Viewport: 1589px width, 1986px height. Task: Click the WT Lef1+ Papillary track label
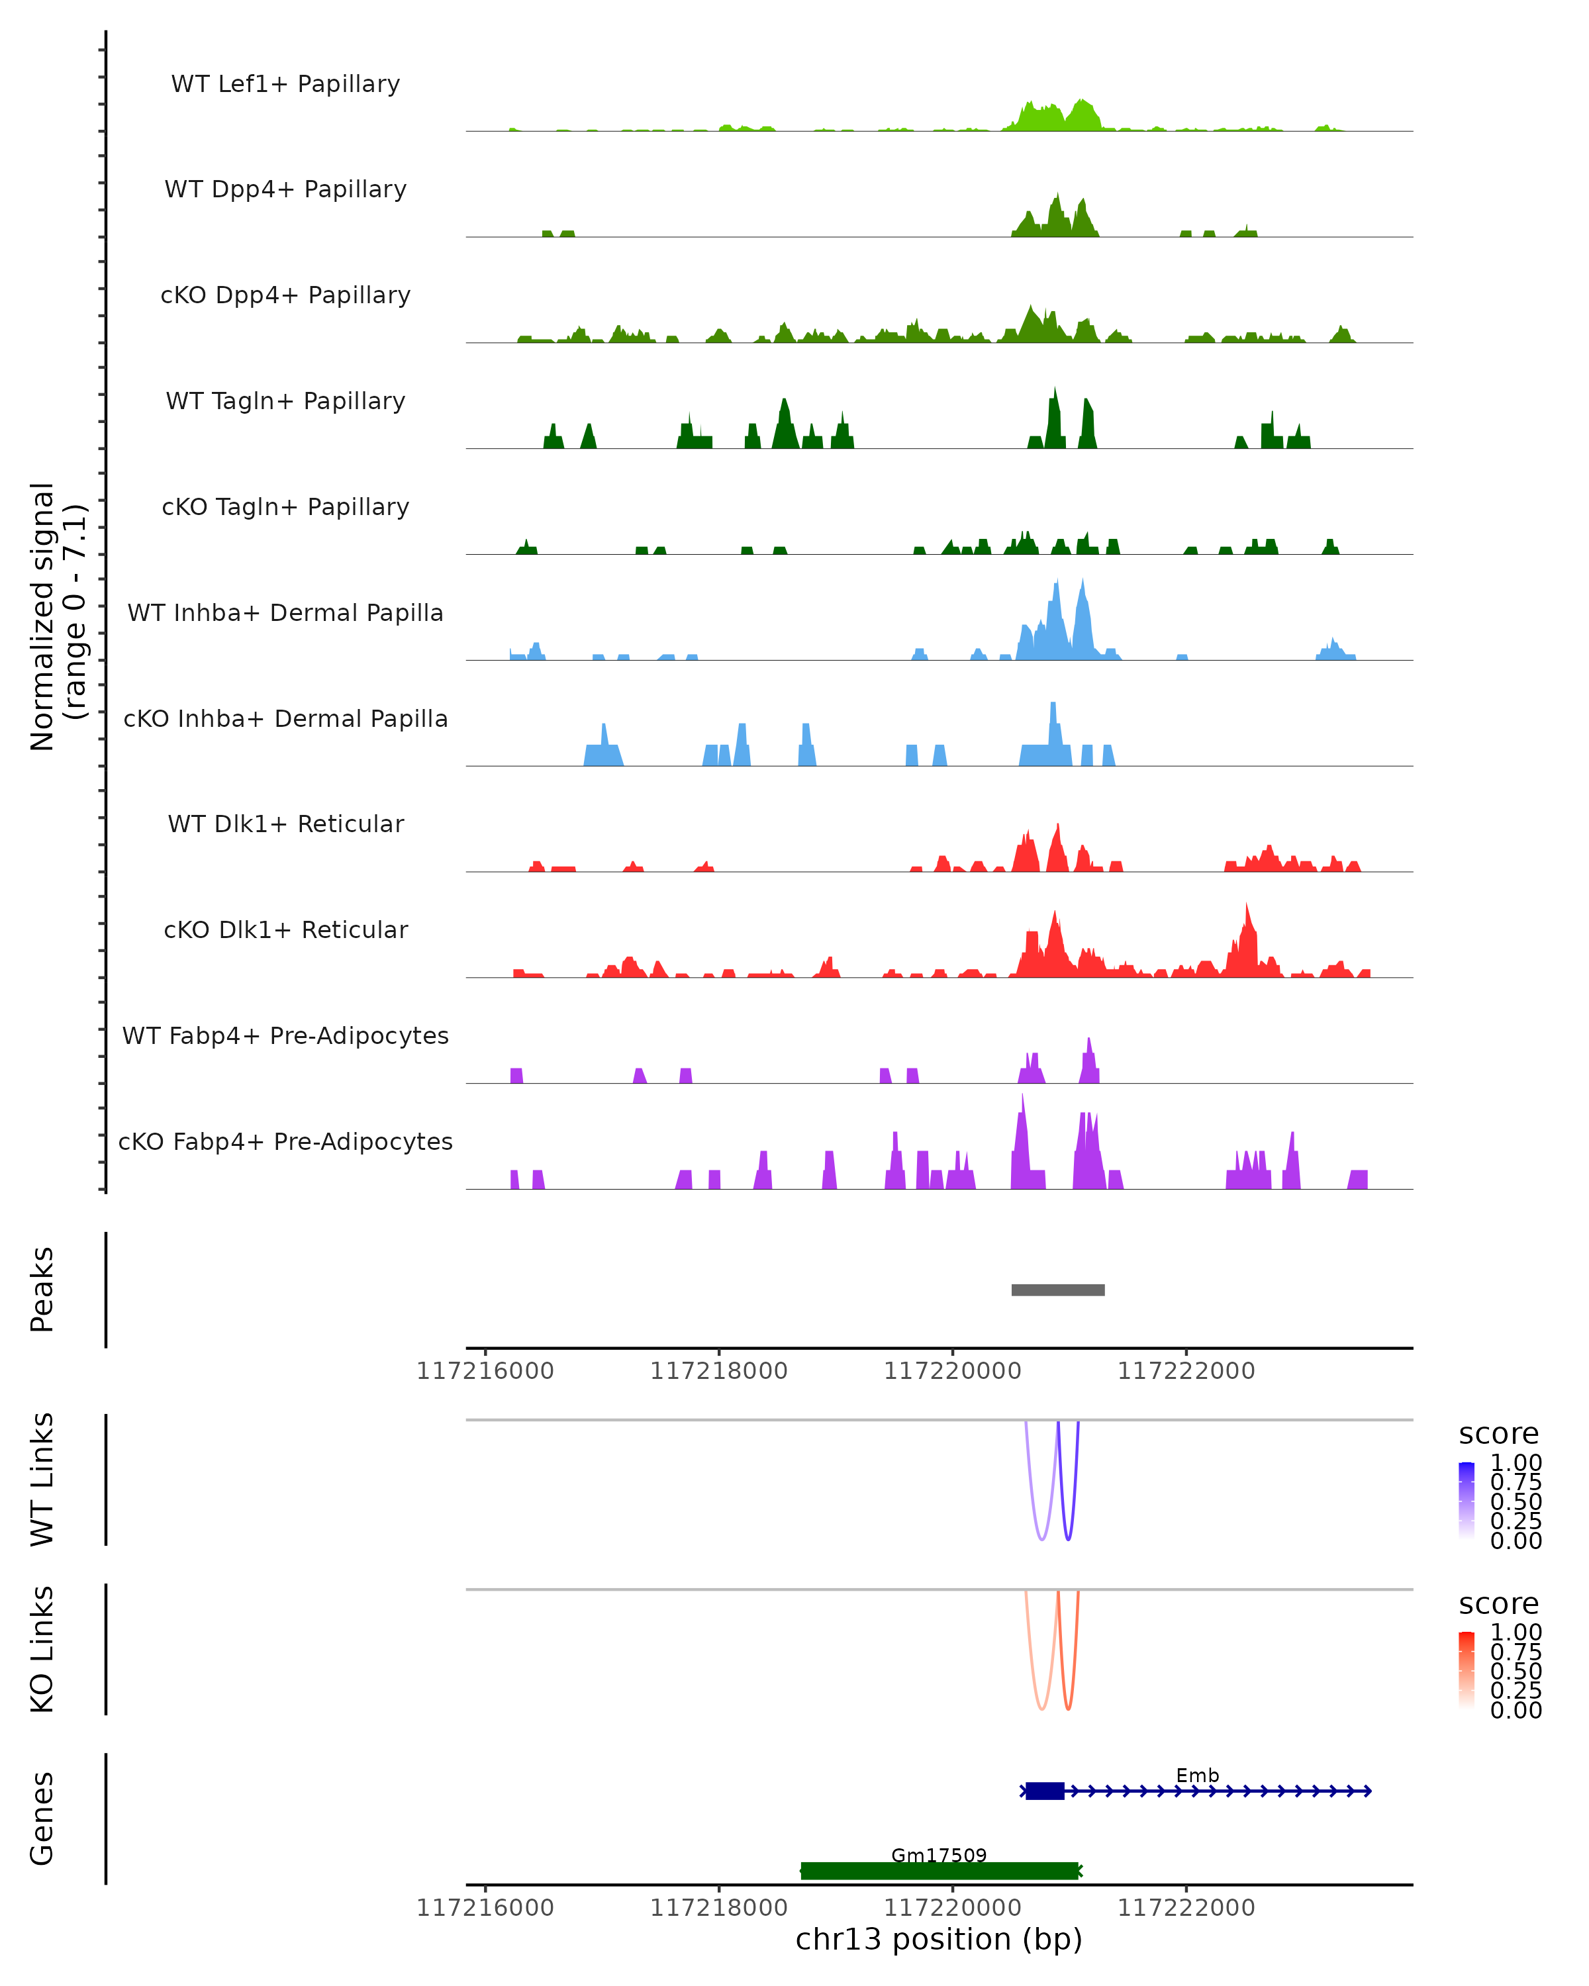click(x=285, y=84)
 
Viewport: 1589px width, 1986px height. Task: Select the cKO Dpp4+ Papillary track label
click(x=285, y=295)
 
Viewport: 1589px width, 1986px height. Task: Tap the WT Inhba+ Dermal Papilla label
click(x=285, y=612)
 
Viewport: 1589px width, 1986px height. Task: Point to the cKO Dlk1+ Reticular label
click(x=285, y=929)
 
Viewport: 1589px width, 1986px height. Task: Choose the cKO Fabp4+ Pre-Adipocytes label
click(x=285, y=1141)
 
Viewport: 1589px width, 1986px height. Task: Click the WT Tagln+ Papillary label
click(x=285, y=401)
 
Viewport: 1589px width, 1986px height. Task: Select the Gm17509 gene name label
click(x=939, y=1855)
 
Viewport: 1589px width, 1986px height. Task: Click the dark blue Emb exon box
click(x=1045, y=1791)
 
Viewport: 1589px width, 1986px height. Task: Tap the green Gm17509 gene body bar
click(x=939, y=1871)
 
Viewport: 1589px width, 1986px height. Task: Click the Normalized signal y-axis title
click(x=57, y=616)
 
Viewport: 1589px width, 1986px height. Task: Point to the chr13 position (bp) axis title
click(x=939, y=1940)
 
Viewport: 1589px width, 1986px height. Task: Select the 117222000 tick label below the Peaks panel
click(x=1186, y=1371)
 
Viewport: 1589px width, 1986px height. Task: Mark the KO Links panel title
click(x=42, y=1649)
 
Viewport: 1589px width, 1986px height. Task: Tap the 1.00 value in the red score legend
click(x=1516, y=1632)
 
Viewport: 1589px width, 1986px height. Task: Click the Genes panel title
click(x=42, y=1819)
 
